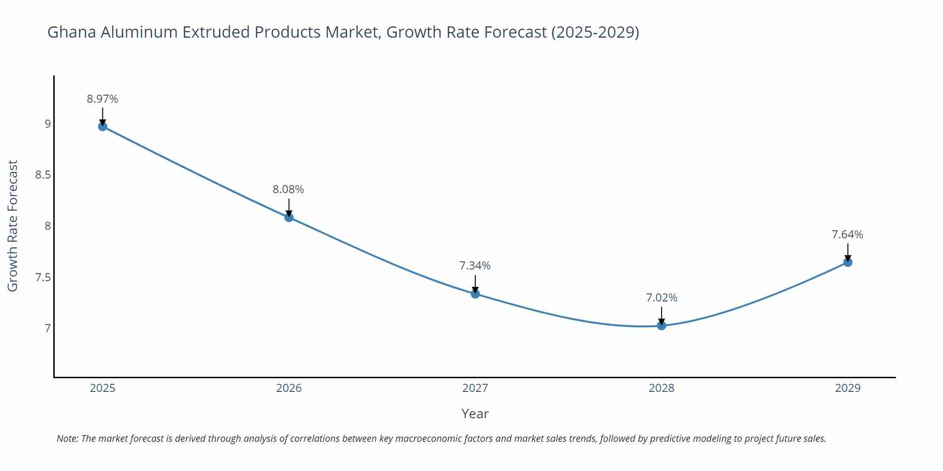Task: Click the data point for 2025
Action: pyautogui.click(x=102, y=126)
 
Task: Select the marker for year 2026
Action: pyautogui.click(x=289, y=217)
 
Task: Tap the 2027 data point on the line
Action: pyautogui.click(x=475, y=294)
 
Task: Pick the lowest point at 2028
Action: pyautogui.click(x=662, y=325)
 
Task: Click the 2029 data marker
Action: pyautogui.click(x=848, y=262)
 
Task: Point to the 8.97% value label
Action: pyautogui.click(x=102, y=99)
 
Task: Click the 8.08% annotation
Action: pyautogui.click(x=288, y=189)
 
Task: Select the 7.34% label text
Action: pyautogui.click(x=475, y=266)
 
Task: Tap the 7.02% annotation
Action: pyautogui.click(x=662, y=298)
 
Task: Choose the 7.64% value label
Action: pyautogui.click(x=847, y=235)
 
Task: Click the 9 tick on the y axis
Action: pyautogui.click(x=48, y=124)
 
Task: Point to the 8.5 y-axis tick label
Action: pyautogui.click(x=43, y=175)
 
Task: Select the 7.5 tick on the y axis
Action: pyautogui.click(x=43, y=277)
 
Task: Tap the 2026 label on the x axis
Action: pyautogui.click(x=289, y=388)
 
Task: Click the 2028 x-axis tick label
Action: pyautogui.click(x=662, y=388)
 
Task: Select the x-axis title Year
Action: pyautogui.click(x=475, y=414)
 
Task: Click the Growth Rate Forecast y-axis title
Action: pyautogui.click(x=13, y=226)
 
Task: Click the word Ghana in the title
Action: pyautogui.click(x=72, y=32)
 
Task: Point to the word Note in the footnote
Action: pyautogui.click(x=67, y=439)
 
